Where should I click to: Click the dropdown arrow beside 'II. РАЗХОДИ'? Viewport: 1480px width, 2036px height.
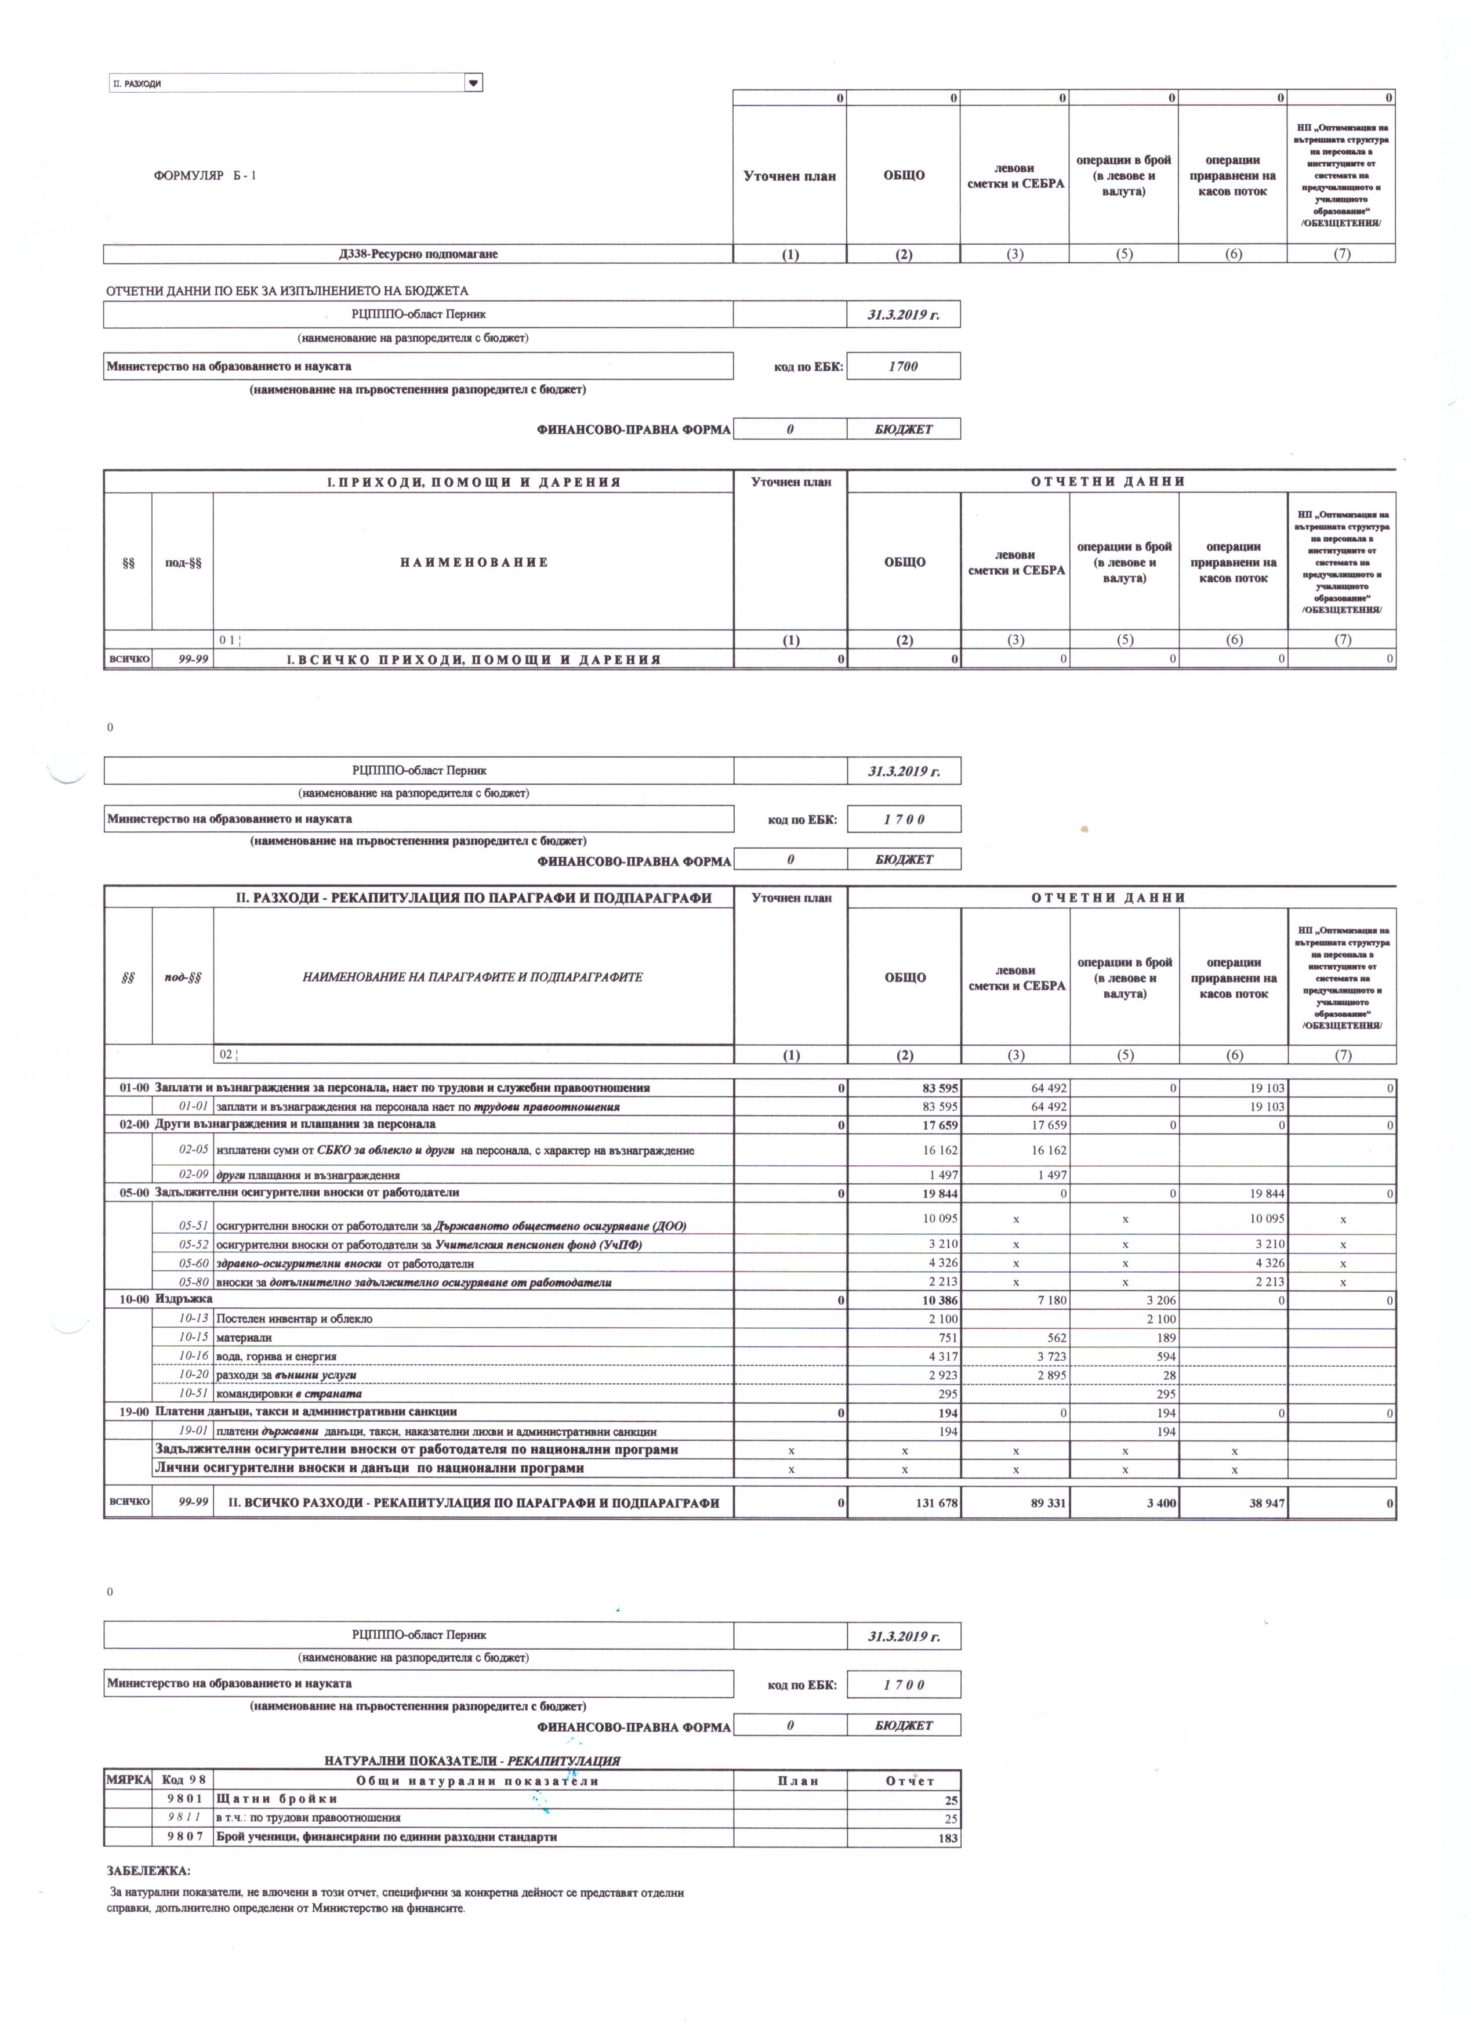(x=473, y=82)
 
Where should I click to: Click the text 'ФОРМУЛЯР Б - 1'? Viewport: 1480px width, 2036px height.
(x=205, y=175)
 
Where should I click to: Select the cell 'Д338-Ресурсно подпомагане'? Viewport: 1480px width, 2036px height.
(x=418, y=254)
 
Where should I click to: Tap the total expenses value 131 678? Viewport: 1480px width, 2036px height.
(x=934, y=1503)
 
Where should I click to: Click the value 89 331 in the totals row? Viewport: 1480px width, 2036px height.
(x=1044, y=1503)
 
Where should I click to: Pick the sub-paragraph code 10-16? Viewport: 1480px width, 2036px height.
(x=194, y=1356)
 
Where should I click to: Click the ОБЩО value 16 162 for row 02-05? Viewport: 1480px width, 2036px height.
(x=935, y=1150)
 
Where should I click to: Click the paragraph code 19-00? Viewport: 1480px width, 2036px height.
(x=135, y=1412)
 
